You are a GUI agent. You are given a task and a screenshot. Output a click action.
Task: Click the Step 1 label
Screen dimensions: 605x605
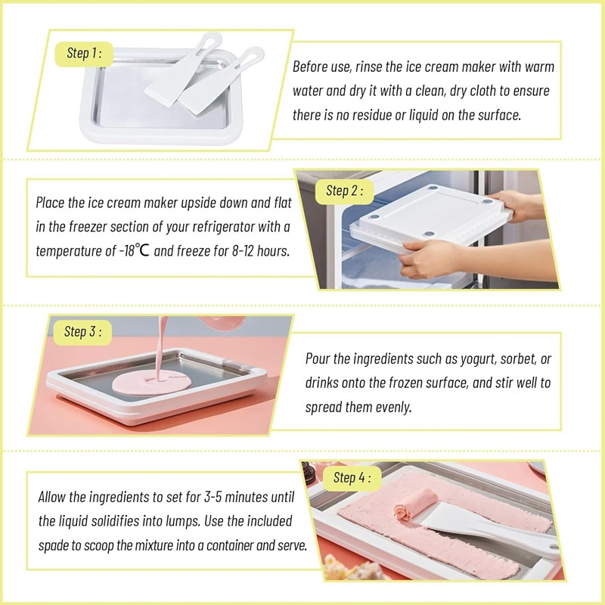[x=84, y=53]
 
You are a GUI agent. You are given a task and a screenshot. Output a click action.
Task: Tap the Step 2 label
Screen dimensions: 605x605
[x=344, y=191]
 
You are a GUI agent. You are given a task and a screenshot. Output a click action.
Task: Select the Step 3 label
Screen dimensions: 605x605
[x=82, y=332]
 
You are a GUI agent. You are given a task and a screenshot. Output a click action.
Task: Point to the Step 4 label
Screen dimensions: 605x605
[x=352, y=478]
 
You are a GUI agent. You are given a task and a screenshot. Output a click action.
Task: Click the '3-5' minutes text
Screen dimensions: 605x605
[x=213, y=497]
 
